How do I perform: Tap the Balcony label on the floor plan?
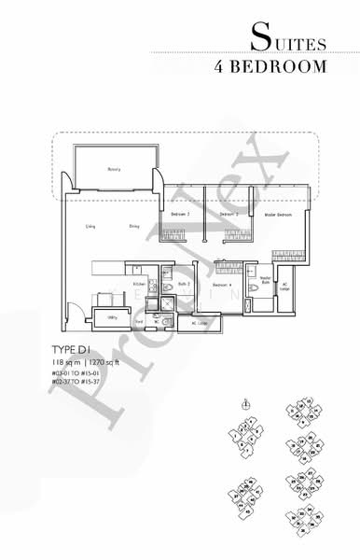tap(115, 169)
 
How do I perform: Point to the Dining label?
tap(134, 225)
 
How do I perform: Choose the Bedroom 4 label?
tap(221, 285)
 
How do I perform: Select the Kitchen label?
tap(138, 284)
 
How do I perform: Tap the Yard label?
tap(138, 323)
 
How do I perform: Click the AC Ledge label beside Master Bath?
tap(285, 286)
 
